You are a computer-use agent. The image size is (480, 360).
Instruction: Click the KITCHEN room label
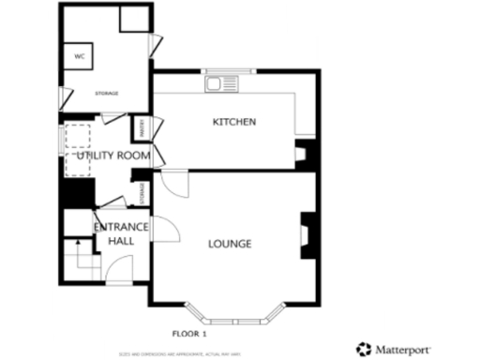(234, 123)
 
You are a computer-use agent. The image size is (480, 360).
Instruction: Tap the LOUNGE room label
(229, 244)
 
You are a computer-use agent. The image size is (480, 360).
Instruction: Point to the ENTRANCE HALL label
(120, 233)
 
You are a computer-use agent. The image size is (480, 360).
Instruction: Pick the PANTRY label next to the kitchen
(141, 125)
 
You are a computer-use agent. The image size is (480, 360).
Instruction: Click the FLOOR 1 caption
(189, 334)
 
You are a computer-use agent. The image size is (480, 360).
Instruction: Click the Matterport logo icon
(362, 348)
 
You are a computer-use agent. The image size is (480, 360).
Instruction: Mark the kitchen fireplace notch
(302, 154)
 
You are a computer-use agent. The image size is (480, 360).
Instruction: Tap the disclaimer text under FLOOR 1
(181, 353)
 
